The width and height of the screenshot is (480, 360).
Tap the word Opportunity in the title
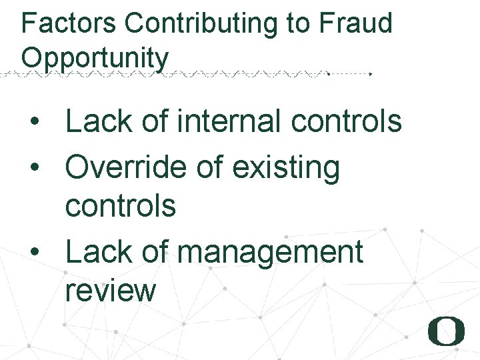(95, 57)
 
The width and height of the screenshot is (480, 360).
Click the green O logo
(445, 331)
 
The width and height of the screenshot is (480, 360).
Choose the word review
(110, 291)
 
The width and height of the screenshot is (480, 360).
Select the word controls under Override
(120, 205)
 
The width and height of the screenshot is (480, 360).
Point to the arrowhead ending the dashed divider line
(371, 74)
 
